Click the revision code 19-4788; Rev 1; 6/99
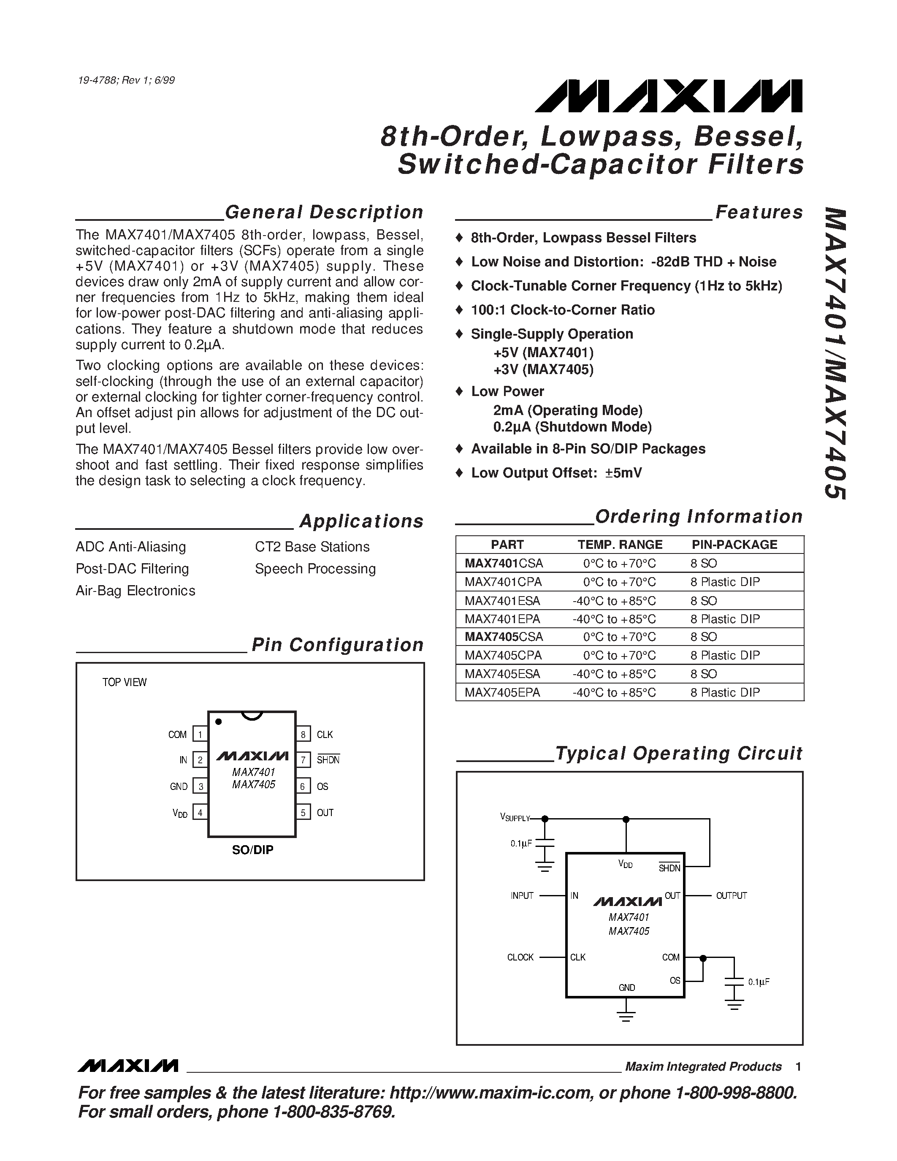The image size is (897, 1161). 126,80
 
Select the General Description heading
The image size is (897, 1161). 324,212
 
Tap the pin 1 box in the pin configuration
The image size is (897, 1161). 200,735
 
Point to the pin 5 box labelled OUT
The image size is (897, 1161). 303,812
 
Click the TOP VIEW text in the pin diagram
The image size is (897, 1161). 125,682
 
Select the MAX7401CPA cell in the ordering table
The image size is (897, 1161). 503,582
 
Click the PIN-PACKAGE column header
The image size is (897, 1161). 734,544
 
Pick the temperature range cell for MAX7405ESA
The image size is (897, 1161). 614,674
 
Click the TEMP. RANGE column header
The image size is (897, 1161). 620,544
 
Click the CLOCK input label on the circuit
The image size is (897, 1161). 520,958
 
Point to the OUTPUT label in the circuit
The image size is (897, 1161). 731,896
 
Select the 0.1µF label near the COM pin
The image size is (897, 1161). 758,982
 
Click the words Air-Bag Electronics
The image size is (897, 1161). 135,591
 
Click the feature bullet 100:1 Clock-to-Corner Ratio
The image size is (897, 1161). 562,310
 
